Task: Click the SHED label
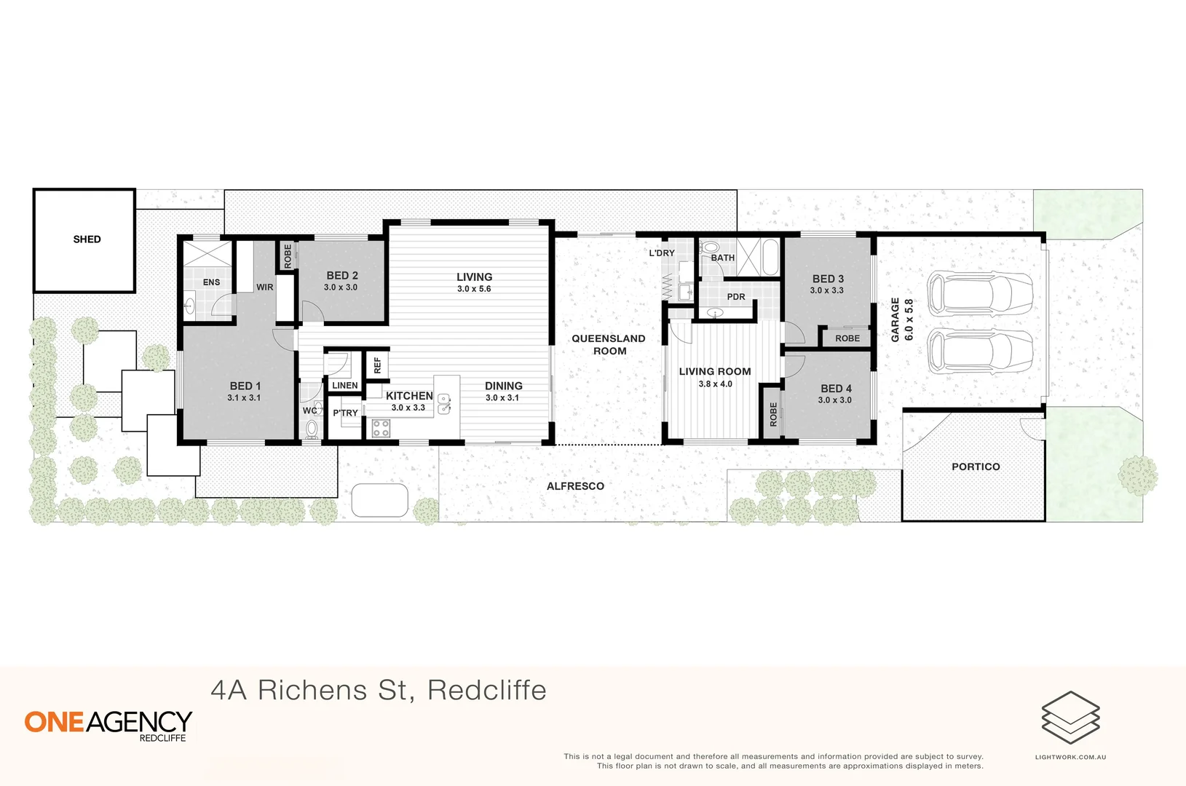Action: [87, 239]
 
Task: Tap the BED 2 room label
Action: [341, 276]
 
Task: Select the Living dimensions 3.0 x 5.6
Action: [474, 289]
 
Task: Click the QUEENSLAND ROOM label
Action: [609, 345]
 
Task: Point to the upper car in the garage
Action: [979, 293]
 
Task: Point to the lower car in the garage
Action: [979, 352]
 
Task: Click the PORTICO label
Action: [976, 467]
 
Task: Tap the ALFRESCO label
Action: [575, 486]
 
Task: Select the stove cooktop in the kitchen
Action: [381, 428]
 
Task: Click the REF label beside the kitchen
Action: [377, 365]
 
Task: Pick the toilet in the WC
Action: [312, 429]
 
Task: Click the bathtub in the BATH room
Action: [770, 257]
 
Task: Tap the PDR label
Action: [736, 297]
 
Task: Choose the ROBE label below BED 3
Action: [847, 338]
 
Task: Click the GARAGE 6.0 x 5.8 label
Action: [901, 320]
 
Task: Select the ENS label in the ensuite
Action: [211, 282]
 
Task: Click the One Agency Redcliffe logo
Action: [108, 725]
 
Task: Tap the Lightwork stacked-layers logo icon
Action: [1070, 718]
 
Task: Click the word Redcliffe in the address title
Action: [486, 690]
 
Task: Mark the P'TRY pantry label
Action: [345, 413]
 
